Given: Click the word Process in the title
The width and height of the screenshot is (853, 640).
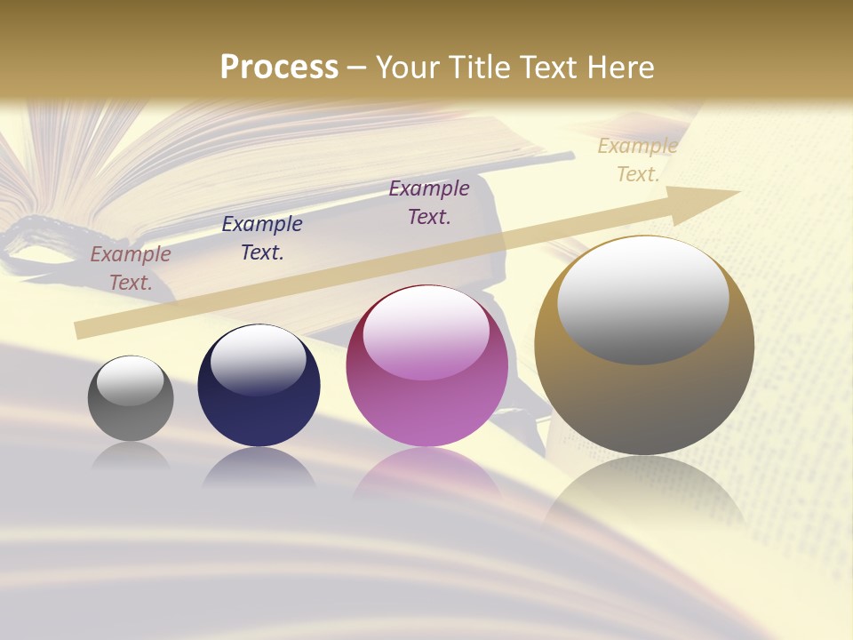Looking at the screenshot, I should click(279, 68).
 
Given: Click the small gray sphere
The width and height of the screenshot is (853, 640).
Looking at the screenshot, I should click(131, 399).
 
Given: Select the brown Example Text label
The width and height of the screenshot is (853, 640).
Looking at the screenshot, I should click(131, 268).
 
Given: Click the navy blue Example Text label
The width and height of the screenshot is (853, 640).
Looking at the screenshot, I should click(262, 238).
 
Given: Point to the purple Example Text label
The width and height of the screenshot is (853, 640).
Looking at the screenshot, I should click(429, 203).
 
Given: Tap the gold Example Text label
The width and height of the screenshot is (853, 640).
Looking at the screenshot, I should click(638, 160).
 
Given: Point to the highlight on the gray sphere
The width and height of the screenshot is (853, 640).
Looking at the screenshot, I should click(131, 380).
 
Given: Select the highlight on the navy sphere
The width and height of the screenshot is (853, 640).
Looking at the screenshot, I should click(259, 359).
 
